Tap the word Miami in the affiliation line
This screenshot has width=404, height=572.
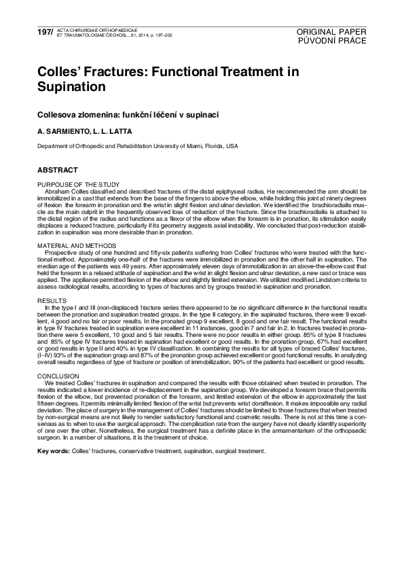click(195, 145)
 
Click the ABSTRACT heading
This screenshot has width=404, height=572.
click(58, 170)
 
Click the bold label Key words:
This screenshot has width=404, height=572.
click(54, 450)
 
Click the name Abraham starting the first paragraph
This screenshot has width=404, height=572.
click(57, 190)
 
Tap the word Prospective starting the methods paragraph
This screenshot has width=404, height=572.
click(60, 251)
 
